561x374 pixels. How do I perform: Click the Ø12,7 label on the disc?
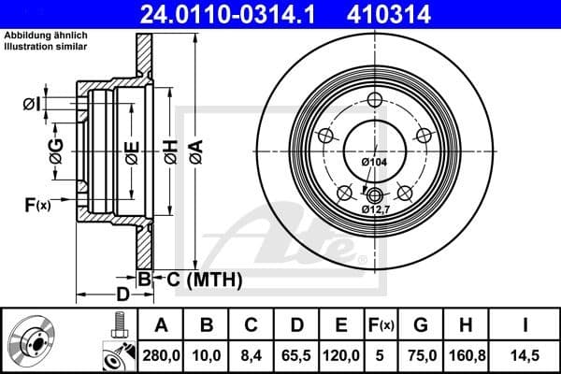pyautogui.click(x=376, y=210)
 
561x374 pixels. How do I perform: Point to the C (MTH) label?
pyautogui.click(x=205, y=278)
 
